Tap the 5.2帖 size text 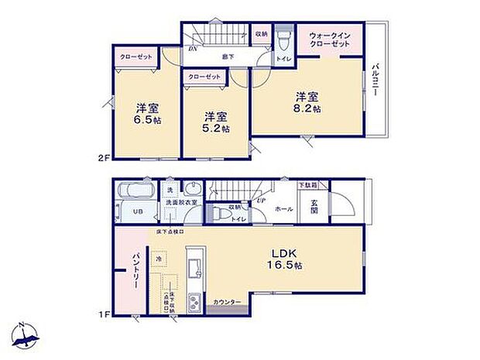click(x=216, y=129)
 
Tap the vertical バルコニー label click(x=374, y=78)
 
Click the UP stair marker click(x=260, y=201)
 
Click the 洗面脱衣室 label click(x=183, y=202)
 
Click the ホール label click(x=283, y=209)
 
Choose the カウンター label click(x=228, y=300)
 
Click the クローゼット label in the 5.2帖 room click(x=204, y=77)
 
